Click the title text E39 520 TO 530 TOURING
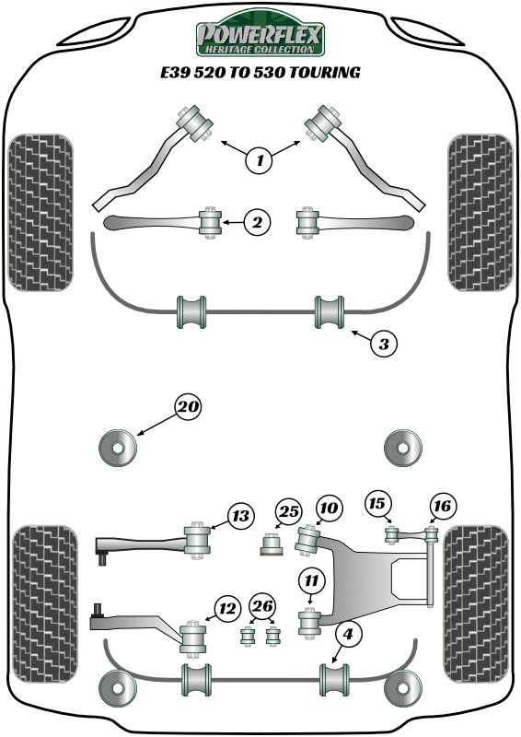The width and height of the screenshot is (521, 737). pos(260,71)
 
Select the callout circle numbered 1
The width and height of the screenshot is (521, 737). pos(260,160)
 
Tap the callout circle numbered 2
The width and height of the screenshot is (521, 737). pos(257,221)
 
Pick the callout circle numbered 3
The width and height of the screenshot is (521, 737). pos(385,345)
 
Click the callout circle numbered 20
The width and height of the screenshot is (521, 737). pos(188,406)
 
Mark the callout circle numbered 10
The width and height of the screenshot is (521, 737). pos(330,508)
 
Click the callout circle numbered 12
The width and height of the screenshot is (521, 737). pos(226,607)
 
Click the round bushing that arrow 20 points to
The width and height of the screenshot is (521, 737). pos(118,448)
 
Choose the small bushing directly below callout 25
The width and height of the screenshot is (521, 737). pos(272,545)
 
